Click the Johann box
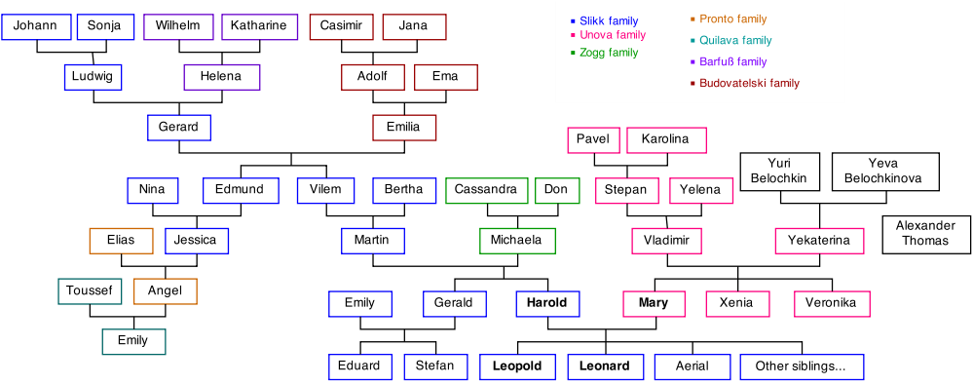pyautogui.click(x=36, y=26)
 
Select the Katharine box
pyautogui.click(x=259, y=26)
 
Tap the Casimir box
pyautogui.click(x=341, y=26)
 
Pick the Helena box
pyautogui.click(x=221, y=77)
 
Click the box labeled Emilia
pyautogui.click(x=403, y=128)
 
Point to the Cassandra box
pyautogui.click(x=486, y=190)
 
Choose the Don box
pyautogui.click(x=556, y=190)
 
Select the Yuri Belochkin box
pyautogui.click(x=779, y=172)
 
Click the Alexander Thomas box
pyautogui.click(x=925, y=234)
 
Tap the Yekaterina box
pyautogui.click(x=819, y=241)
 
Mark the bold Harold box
pyautogui.click(x=546, y=304)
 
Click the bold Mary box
pyautogui.click(x=654, y=304)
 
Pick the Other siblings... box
pyautogui.click(x=801, y=367)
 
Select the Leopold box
pyautogui.click(x=516, y=367)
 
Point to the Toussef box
pyautogui.click(x=90, y=291)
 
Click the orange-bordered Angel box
pyautogui.click(x=165, y=291)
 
